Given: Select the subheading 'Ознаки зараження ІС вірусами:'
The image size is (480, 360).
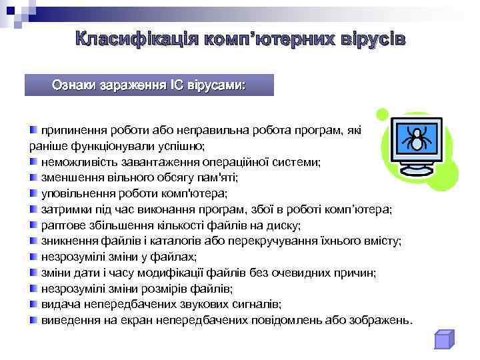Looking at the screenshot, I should (x=149, y=85).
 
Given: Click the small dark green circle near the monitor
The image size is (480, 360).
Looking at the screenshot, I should (x=381, y=114).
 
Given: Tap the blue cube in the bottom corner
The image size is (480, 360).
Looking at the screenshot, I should (x=443, y=339).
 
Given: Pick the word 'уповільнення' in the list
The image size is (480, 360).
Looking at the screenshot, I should (x=77, y=194).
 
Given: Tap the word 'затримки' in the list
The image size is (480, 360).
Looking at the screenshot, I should (x=65, y=209).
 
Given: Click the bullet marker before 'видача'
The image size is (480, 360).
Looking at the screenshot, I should (x=33, y=304).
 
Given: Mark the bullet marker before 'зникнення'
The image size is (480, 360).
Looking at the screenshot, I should (x=33, y=241).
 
